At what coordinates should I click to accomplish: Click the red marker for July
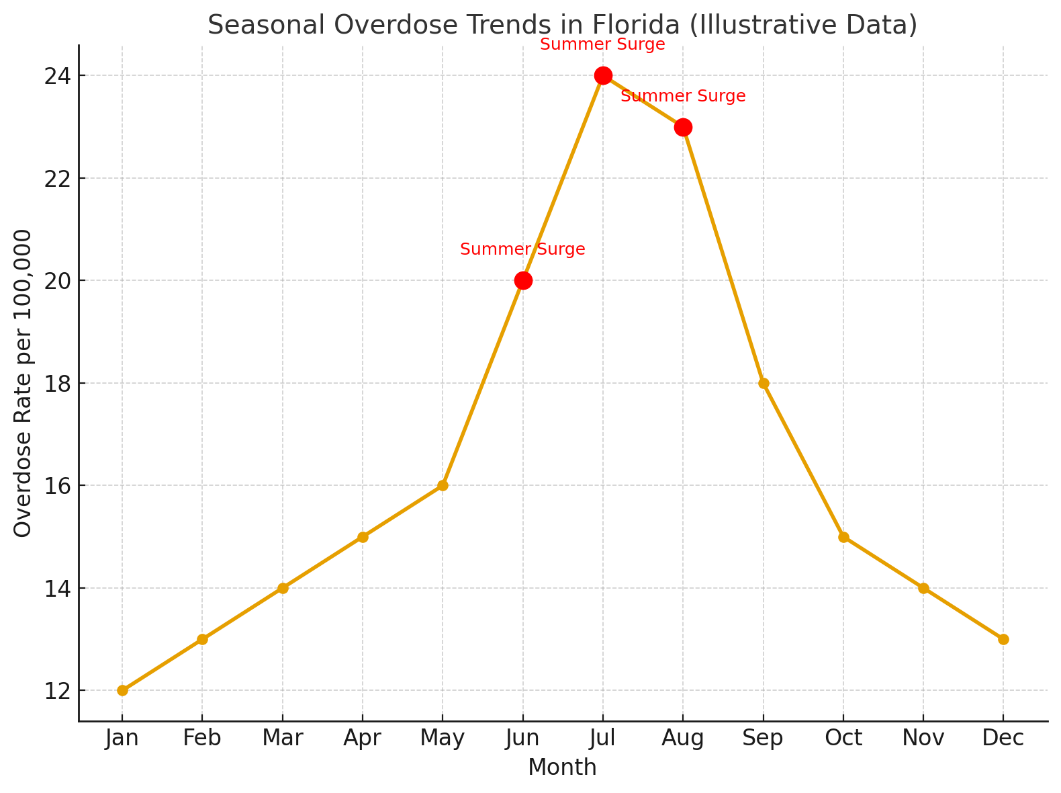(x=603, y=75)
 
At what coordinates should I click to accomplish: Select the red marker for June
(x=523, y=280)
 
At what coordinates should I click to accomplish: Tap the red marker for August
(x=683, y=127)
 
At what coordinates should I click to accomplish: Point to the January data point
(x=122, y=690)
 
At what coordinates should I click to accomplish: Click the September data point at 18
(x=764, y=383)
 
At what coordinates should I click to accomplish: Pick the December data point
(x=1003, y=639)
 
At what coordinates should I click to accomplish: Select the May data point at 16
(x=443, y=485)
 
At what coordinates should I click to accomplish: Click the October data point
(x=843, y=537)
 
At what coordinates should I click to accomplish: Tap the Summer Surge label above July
(x=602, y=45)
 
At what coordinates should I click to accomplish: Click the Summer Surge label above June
(x=522, y=250)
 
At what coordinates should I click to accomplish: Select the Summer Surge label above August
(x=683, y=96)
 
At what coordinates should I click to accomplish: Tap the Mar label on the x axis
(x=282, y=739)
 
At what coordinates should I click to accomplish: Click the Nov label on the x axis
(x=923, y=739)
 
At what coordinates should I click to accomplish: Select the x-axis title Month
(x=562, y=767)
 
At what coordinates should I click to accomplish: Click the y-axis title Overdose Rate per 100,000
(x=23, y=383)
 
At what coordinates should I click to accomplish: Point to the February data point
(x=202, y=639)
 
